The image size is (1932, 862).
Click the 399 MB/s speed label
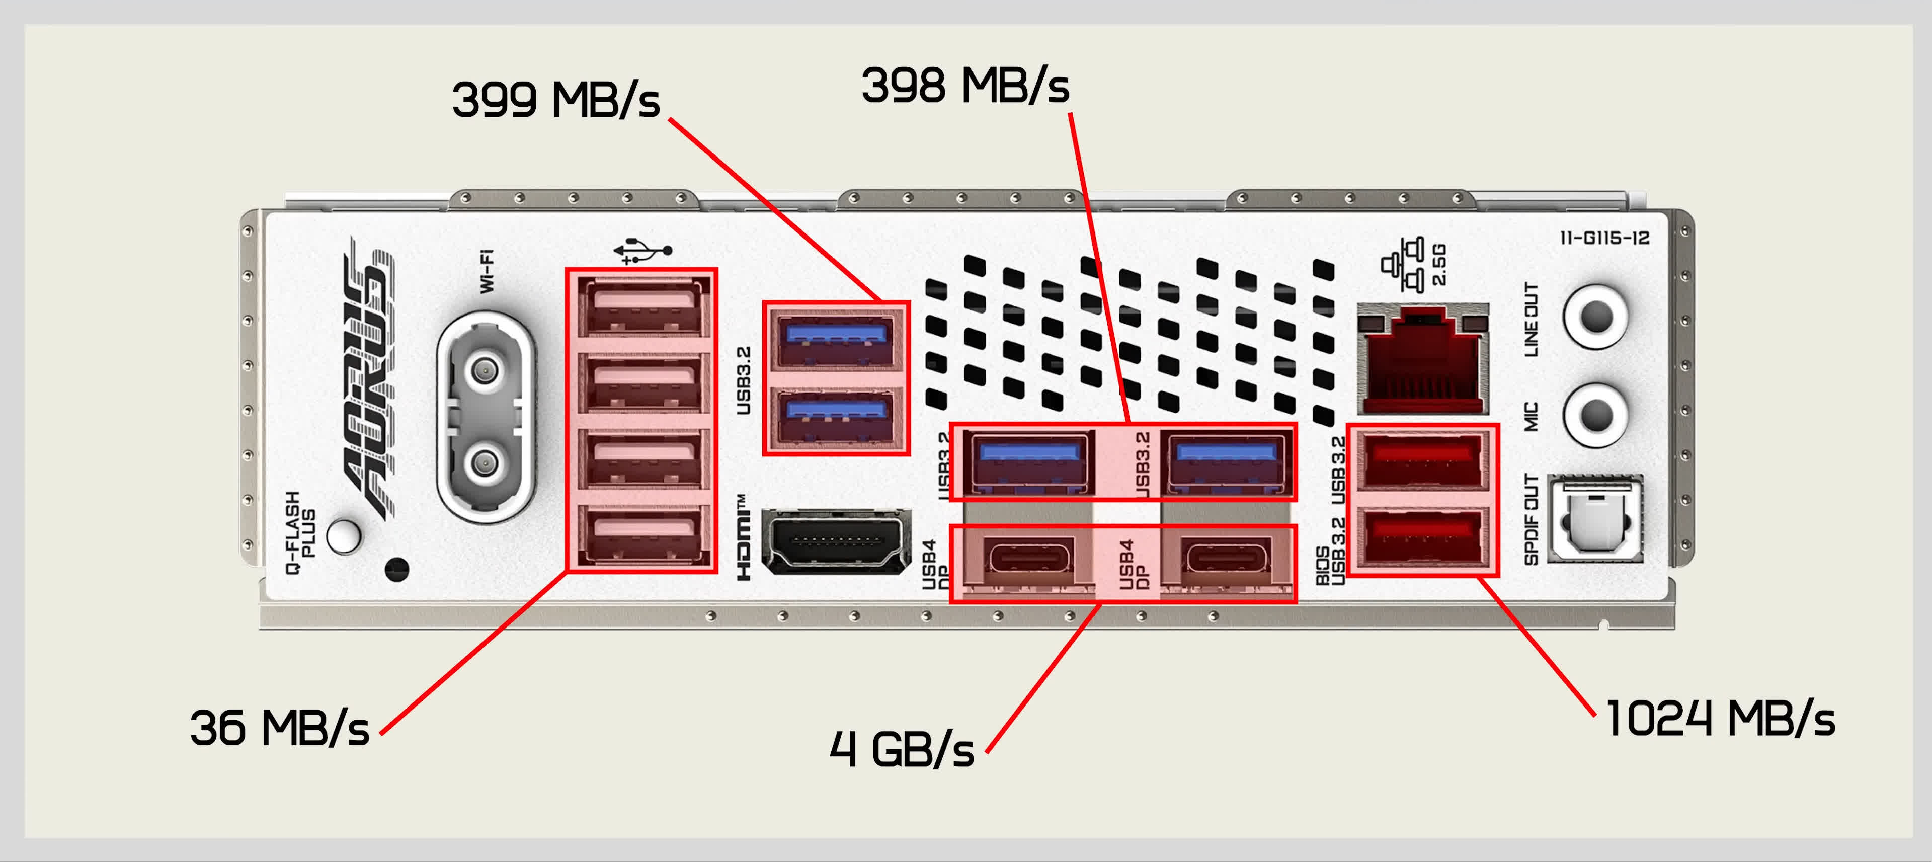[555, 100]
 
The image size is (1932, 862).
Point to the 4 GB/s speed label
[902, 749]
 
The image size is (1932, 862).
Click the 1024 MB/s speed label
[1720, 719]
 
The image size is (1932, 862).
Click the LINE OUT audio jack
[1595, 317]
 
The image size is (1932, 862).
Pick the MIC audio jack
[1595, 415]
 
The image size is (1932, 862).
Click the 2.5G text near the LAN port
[1439, 264]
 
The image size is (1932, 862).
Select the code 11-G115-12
[1604, 239]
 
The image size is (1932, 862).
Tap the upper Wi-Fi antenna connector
[485, 370]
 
